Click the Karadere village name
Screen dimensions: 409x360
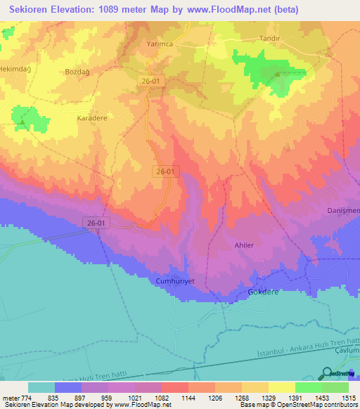92,118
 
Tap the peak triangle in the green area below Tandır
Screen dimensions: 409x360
277,74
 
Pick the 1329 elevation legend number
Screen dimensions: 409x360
267,397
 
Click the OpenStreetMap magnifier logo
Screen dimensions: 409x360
328,373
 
